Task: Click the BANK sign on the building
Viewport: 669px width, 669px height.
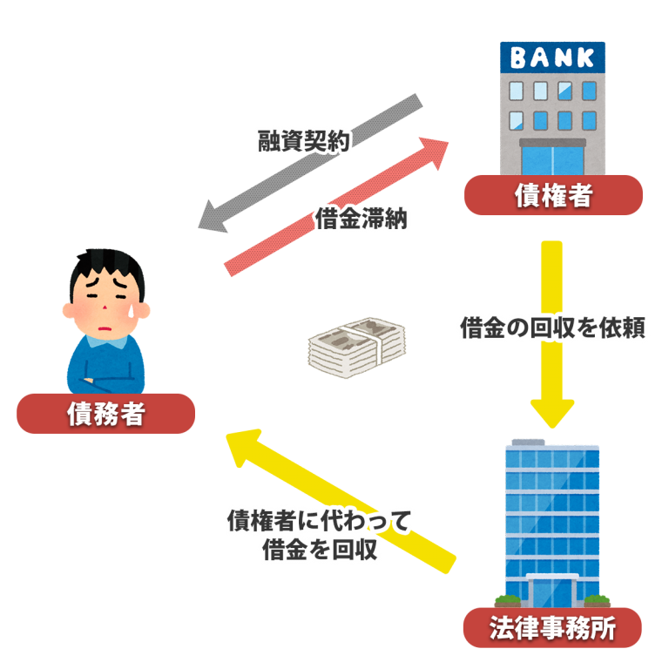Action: [552, 58]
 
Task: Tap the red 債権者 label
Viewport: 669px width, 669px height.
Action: [552, 195]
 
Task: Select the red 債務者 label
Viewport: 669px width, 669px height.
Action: [105, 414]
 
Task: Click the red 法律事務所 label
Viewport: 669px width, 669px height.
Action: [552, 628]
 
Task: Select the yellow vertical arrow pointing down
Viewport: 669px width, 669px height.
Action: [551, 331]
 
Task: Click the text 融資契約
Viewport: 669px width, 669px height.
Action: [303, 141]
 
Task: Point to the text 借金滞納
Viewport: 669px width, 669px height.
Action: [362, 219]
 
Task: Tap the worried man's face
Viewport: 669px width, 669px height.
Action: [105, 301]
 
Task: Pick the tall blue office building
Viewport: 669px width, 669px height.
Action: [552, 523]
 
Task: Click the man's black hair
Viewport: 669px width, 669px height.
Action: [105, 261]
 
